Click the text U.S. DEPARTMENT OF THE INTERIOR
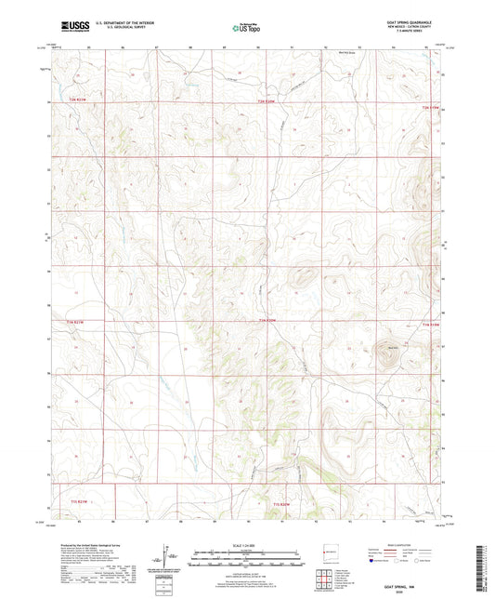[x=122, y=24]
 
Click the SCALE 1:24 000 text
[x=247, y=544]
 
